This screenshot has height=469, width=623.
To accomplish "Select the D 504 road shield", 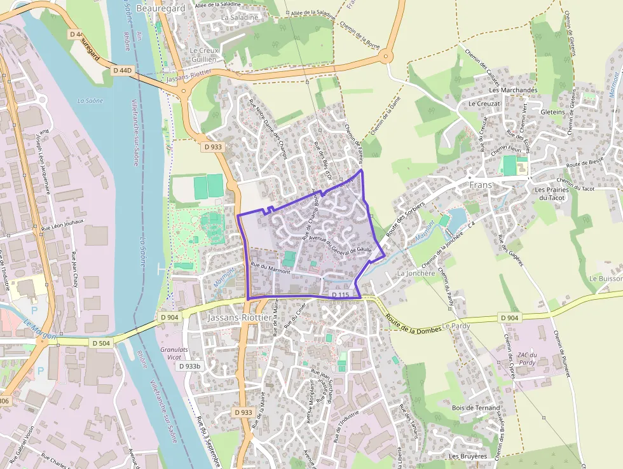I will click(104, 343).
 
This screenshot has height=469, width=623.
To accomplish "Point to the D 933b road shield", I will click(189, 366).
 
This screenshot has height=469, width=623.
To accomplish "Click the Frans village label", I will click(481, 185).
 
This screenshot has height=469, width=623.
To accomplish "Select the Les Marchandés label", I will click(513, 90).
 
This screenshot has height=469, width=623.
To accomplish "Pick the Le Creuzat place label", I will click(484, 103).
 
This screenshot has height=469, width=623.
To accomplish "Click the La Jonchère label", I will click(416, 273).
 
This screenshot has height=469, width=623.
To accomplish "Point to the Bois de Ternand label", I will click(476, 408).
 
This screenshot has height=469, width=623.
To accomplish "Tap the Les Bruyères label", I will click(467, 456).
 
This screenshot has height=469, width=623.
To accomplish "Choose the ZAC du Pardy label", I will click(528, 359).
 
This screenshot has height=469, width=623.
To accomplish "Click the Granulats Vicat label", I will click(175, 353).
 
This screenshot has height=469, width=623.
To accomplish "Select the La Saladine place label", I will click(240, 18).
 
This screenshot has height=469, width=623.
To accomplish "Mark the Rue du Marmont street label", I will click(270, 268).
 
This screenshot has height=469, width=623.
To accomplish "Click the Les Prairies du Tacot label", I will click(550, 193).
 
